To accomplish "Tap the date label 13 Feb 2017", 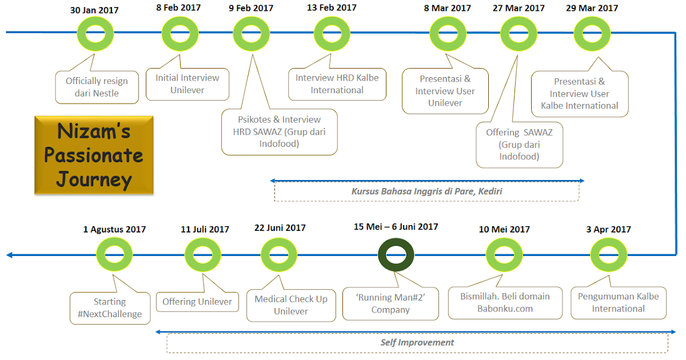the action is [x=332, y=7].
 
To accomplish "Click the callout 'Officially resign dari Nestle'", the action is [x=97, y=87].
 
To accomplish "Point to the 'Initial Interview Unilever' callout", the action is [x=188, y=84].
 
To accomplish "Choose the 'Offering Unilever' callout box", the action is [x=197, y=302].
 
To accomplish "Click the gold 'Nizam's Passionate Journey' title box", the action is [x=94, y=155].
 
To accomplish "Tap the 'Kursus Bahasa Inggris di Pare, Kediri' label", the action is [x=426, y=191].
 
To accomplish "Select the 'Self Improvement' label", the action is [x=417, y=342].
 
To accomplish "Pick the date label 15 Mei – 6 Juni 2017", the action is [x=396, y=227].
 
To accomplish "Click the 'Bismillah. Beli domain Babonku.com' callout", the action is [x=505, y=303].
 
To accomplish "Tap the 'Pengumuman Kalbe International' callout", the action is [x=619, y=303].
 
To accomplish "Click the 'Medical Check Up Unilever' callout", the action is [x=291, y=305].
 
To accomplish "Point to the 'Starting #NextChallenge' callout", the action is [x=110, y=308].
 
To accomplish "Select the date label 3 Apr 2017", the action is [x=608, y=229].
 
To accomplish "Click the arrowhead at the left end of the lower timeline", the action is [x=9, y=255].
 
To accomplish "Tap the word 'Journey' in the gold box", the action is [x=94, y=179].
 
